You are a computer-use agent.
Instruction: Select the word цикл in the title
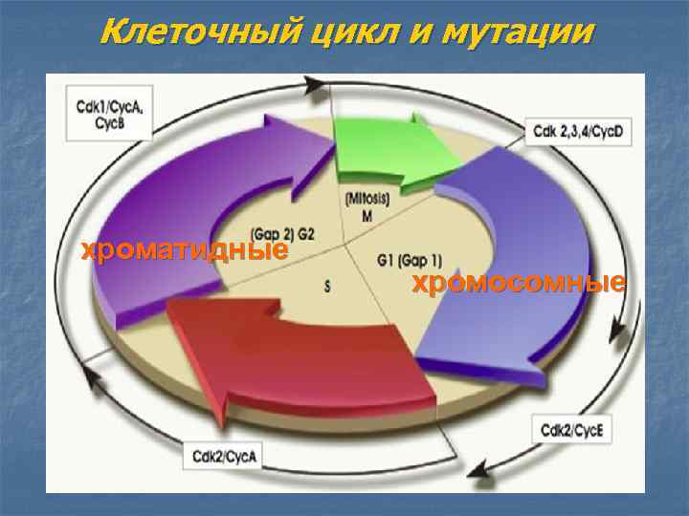pos(340,33)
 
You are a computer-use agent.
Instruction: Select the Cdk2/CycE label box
pos(572,430)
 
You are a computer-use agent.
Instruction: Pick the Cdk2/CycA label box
pos(224,457)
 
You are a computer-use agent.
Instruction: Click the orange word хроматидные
pos(186,251)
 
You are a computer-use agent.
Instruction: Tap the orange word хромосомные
pos(519,283)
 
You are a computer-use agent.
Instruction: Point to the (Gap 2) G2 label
pos(283,234)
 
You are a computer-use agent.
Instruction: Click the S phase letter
pos(328,285)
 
